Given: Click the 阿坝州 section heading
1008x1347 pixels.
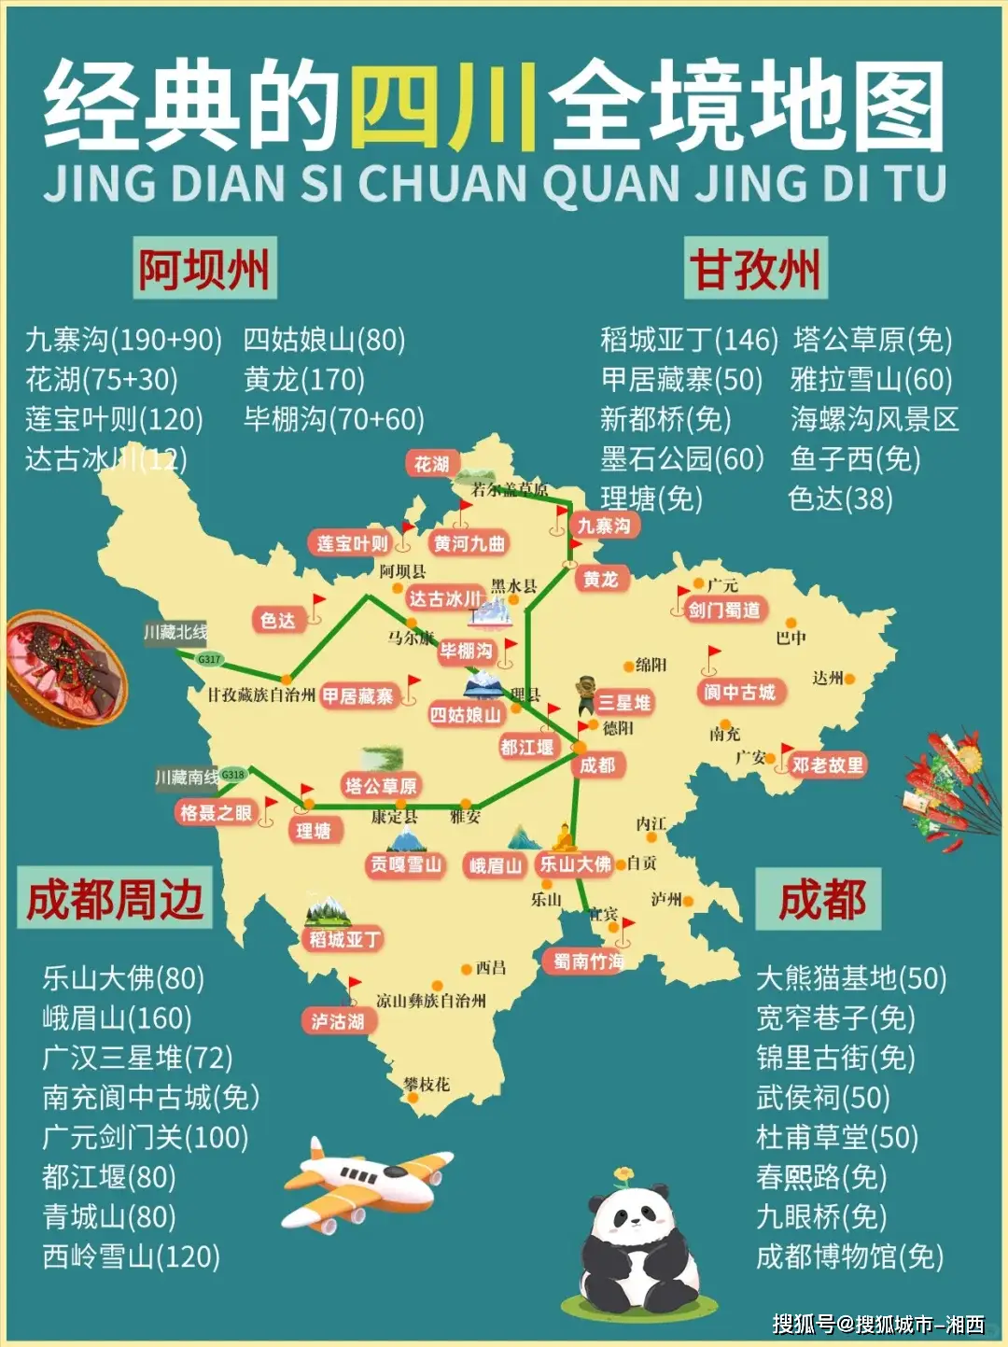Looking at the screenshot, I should coord(204,269).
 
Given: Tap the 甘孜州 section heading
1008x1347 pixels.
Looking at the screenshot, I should coord(755,269).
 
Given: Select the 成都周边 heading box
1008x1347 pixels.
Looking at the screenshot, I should coord(115,899).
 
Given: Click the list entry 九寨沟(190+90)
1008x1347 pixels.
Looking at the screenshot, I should coord(123,340).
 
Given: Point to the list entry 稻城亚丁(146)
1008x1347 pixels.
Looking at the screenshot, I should coord(689,340).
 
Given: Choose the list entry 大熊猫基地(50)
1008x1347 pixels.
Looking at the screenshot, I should coord(850,978).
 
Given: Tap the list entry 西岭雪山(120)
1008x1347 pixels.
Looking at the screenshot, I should coord(131,1256).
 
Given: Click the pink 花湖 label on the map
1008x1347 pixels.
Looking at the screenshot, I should coord(431,464).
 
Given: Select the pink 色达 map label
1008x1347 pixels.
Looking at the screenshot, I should coord(277,620).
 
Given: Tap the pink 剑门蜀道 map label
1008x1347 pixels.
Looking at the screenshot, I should coord(724,610).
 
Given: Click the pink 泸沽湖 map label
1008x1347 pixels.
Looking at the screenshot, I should coord(338,1021).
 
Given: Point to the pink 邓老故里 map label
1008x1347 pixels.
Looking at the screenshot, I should coord(828,765).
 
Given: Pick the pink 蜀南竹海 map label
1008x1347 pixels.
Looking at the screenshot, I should coord(587,961).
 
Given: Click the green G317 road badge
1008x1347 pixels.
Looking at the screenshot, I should coord(209,659).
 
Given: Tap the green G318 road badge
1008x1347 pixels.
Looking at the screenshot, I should coord(232,774).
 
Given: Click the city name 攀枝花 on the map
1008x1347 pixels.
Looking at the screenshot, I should coord(427,1084).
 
